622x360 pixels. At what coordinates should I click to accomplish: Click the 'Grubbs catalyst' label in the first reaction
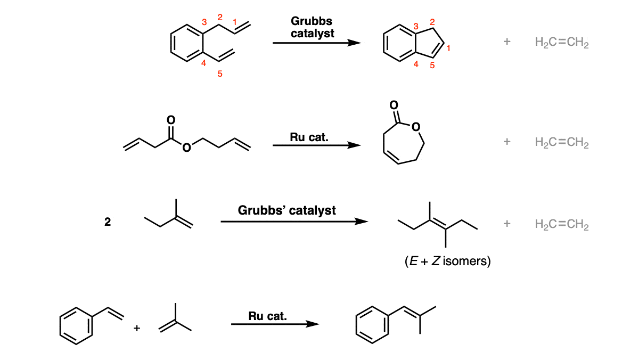(312, 27)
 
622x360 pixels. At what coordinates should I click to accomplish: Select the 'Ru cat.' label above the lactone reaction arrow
(309, 137)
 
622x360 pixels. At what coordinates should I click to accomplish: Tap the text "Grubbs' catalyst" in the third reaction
(287, 210)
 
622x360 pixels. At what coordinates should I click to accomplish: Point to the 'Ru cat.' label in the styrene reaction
(267, 316)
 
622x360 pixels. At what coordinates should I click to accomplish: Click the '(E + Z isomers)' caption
(447, 261)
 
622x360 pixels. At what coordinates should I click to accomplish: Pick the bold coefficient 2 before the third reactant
(108, 222)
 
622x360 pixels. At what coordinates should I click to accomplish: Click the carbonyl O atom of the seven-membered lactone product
(394, 105)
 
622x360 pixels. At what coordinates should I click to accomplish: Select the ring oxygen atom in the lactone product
(415, 127)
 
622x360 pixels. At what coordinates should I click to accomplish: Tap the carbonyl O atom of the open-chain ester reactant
(171, 120)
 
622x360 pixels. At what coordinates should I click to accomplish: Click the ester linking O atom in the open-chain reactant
(186, 148)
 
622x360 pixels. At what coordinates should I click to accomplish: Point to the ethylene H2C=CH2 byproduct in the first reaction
(562, 42)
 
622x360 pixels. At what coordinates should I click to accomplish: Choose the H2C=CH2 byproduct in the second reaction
(562, 142)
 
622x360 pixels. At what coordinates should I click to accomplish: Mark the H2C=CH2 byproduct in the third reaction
(562, 224)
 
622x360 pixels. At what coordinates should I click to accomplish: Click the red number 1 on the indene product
(448, 48)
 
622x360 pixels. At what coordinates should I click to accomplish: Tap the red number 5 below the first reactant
(220, 73)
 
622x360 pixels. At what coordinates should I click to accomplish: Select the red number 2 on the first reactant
(220, 17)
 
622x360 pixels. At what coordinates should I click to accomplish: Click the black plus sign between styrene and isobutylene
(137, 328)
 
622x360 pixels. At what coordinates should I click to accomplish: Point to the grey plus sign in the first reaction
(506, 41)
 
